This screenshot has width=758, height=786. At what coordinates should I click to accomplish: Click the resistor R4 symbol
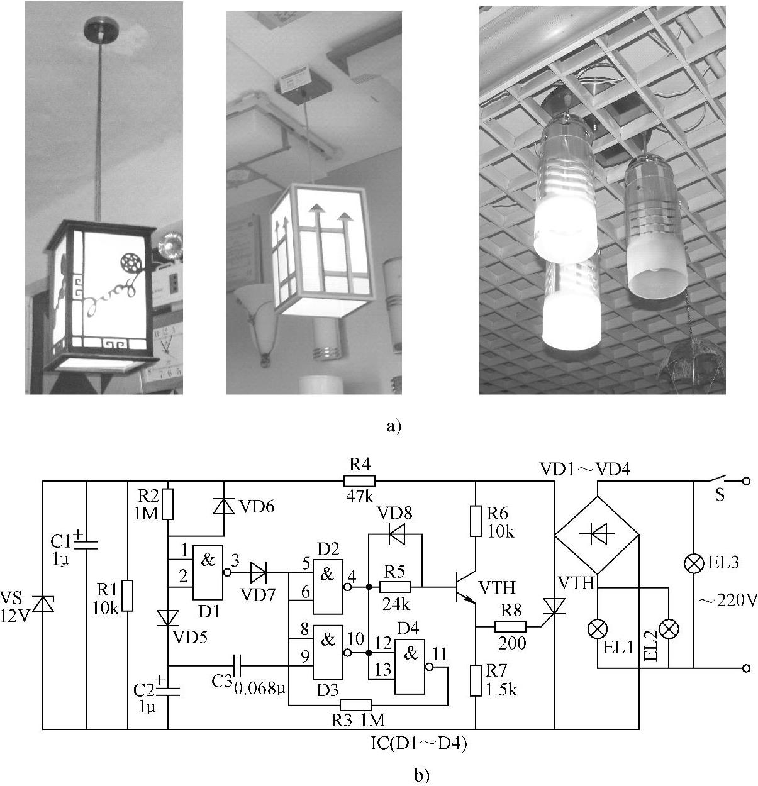(359, 482)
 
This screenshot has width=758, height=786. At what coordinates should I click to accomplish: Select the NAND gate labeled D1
(208, 571)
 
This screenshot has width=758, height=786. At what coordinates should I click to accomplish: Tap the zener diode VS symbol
(43, 604)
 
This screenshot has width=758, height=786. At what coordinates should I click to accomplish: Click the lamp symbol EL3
(693, 564)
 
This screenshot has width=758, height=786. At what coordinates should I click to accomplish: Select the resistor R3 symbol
(355, 705)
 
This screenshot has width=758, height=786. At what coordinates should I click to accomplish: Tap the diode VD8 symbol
(396, 536)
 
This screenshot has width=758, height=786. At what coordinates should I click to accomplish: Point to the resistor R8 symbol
(510, 627)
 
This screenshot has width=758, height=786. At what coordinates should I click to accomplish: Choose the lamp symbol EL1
(596, 628)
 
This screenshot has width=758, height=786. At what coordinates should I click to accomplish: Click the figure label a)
(393, 427)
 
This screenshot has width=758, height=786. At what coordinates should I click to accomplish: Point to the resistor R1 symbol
(128, 595)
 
